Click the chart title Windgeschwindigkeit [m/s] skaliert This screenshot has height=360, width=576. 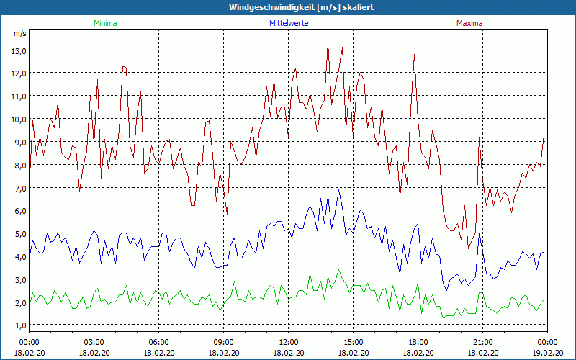click(288, 7)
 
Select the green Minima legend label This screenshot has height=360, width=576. click(105, 23)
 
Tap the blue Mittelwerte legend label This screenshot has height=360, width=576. click(288, 23)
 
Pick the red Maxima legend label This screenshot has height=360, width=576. click(469, 23)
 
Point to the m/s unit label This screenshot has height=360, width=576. click(19, 34)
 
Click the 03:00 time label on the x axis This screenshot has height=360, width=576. click(94, 342)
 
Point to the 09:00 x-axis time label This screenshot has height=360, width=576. click(223, 342)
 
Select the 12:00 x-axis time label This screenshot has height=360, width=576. click(288, 342)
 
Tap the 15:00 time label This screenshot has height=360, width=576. click(353, 342)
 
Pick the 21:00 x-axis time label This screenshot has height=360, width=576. click(482, 342)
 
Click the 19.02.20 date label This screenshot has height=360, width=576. click(547, 353)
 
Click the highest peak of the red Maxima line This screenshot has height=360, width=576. click(328, 42)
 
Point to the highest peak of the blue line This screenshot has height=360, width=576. click(339, 190)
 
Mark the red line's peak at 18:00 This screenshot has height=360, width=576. click(414, 55)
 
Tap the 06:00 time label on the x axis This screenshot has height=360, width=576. click(158, 342)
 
